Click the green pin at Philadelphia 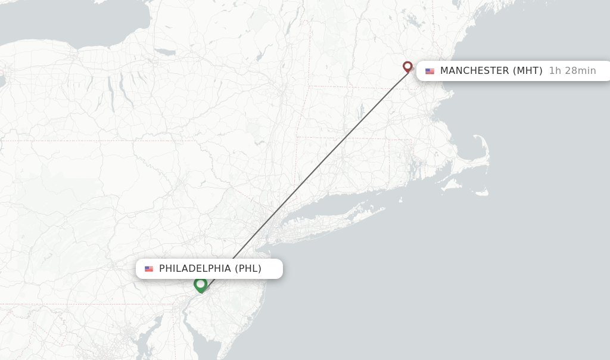(x=201, y=284)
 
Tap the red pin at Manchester (x=407, y=66)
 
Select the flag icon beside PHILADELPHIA (x=149, y=269)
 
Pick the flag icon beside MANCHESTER (x=430, y=71)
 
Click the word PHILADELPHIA (x=195, y=269)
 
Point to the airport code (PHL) (x=248, y=269)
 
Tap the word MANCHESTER (x=474, y=71)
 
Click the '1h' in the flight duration (x=555, y=71)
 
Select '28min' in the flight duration (x=580, y=71)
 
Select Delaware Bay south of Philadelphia (x=200, y=334)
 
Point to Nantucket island (x=480, y=192)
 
